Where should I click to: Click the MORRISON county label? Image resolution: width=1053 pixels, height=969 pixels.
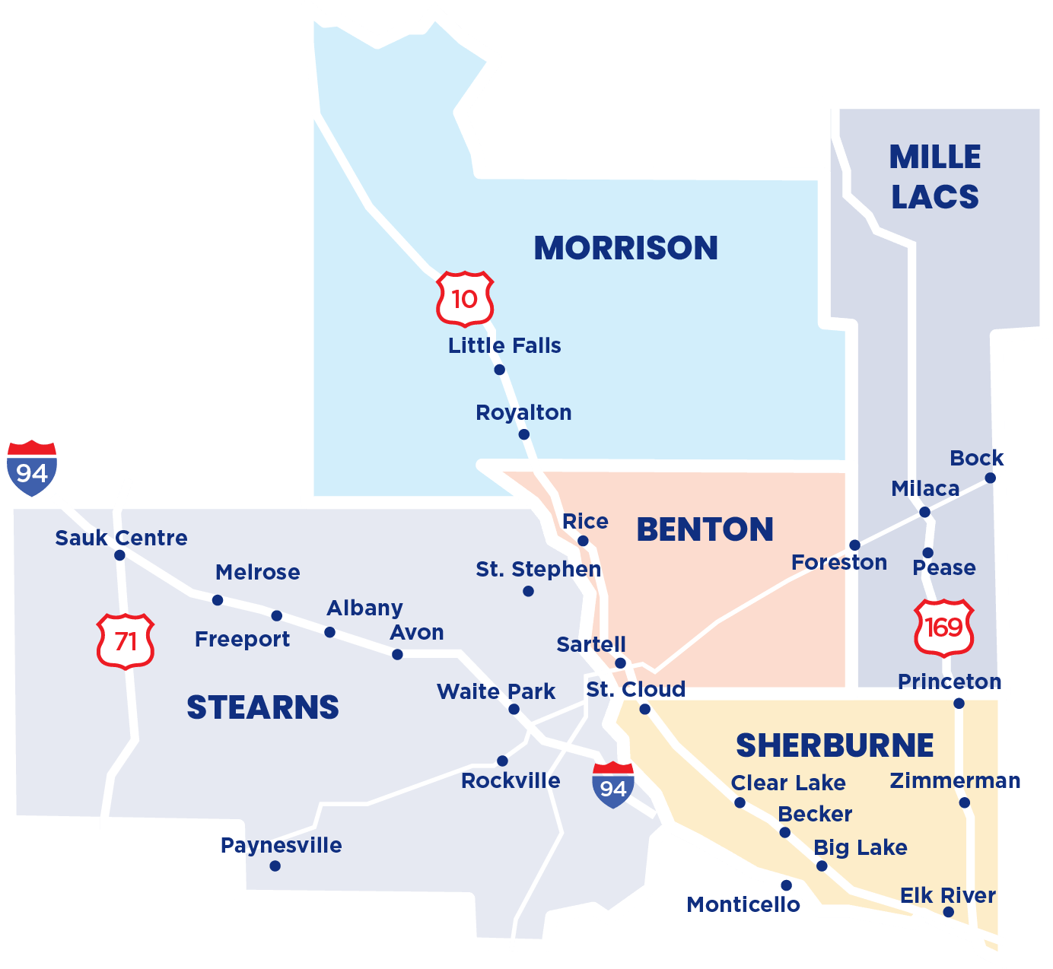coord(625,248)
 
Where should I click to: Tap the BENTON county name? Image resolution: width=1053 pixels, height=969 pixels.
coord(705,529)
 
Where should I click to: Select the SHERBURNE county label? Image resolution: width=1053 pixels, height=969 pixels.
coord(835,745)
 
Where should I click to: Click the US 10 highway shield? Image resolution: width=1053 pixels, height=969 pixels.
coord(465,298)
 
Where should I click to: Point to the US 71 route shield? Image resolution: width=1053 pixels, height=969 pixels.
coord(126,641)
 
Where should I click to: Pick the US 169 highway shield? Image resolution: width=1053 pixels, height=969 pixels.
coord(943,627)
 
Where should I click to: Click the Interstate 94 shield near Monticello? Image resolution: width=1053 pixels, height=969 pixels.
coord(613,786)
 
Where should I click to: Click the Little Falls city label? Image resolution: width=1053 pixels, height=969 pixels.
coord(504,345)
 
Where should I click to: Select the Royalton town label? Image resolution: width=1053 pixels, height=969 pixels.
coord(523,412)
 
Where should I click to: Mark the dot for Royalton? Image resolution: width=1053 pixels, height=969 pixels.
coord(523,434)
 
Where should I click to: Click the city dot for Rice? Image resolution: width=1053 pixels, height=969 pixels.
coord(583,541)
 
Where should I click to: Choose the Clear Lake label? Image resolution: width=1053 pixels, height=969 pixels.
coord(788,783)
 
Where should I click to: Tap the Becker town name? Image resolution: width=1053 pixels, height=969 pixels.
coord(815,814)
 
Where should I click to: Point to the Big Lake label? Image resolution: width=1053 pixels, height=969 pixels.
coord(861,847)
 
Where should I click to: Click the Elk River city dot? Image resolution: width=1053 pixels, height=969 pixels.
coord(948,912)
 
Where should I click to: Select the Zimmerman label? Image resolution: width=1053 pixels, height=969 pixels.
coord(956,780)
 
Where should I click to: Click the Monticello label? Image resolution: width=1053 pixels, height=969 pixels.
coord(743,904)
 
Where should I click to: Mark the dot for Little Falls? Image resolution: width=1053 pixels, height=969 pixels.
coord(499,370)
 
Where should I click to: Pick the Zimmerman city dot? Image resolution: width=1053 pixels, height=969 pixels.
coord(964,802)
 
